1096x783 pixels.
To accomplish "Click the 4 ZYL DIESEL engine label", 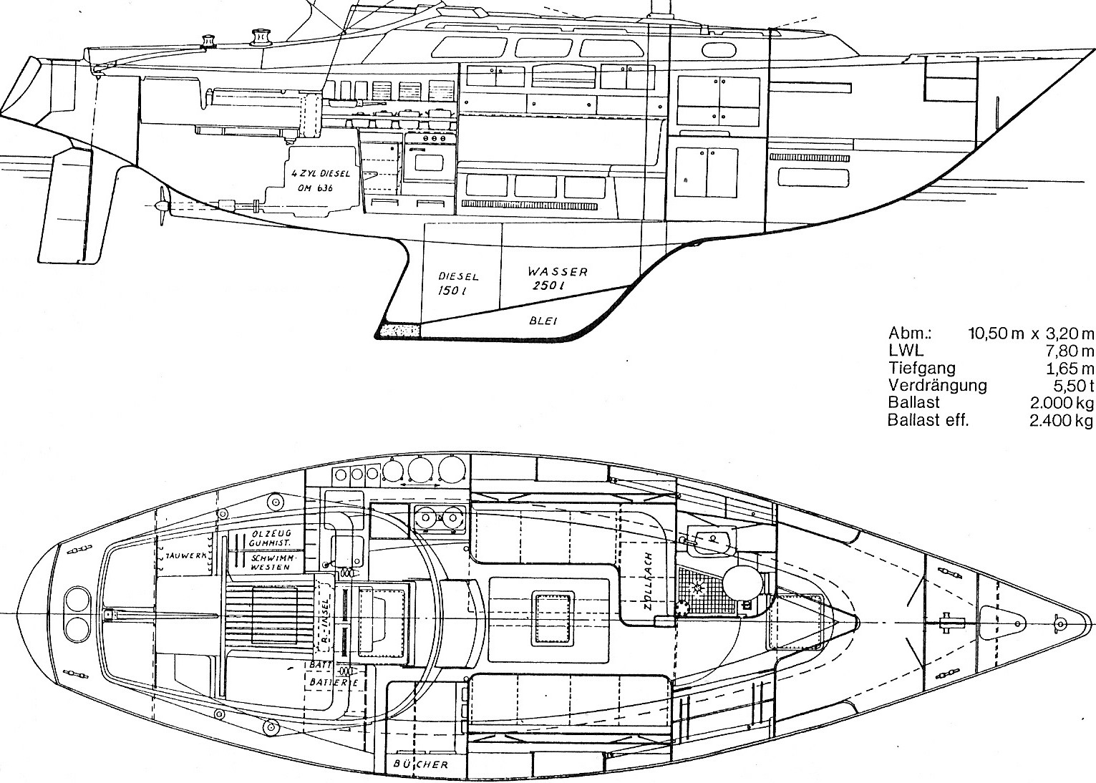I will point(314,181).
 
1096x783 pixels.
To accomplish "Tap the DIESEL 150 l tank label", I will point(457,283).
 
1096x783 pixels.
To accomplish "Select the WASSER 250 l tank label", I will point(557,278).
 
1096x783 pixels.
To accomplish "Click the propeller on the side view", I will point(163,205).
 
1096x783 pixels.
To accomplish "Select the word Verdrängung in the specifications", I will point(936,385).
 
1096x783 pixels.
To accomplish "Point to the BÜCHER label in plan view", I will point(420,764).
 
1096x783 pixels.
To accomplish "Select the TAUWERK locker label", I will point(185,555).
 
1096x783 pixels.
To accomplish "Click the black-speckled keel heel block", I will point(397,329).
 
